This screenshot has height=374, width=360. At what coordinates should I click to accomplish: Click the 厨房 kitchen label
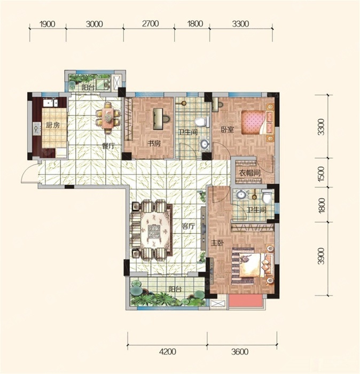pyautogui.click(x=53, y=125)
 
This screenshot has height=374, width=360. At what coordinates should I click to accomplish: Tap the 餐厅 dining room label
pyautogui.click(x=108, y=146)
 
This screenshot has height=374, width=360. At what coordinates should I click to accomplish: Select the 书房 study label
pyautogui.click(x=154, y=144)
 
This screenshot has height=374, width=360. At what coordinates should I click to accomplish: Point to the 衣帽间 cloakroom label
pyautogui.click(x=249, y=173)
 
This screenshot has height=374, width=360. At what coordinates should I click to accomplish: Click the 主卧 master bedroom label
pyautogui.click(x=217, y=243)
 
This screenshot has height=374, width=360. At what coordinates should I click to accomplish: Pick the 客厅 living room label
pyautogui.click(x=189, y=226)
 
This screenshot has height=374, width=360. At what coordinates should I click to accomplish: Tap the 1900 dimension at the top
pyautogui.click(x=48, y=24)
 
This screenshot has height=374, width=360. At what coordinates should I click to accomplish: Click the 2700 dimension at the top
pyautogui.click(x=151, y=24)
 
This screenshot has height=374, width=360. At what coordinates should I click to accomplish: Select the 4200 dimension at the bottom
pyautogui.click(x=168, y=352)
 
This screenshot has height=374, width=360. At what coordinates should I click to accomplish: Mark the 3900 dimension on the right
pyautogui.click(x=322, y=256)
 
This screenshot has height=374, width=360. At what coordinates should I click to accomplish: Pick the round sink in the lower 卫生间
pyautogui.click(x=240, y=194)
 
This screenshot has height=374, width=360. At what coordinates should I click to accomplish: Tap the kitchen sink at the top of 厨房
pyautogui.click(x=50, y=103)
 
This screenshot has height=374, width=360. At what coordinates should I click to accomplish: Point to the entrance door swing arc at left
pyautogui.click(x=27, y=172)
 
